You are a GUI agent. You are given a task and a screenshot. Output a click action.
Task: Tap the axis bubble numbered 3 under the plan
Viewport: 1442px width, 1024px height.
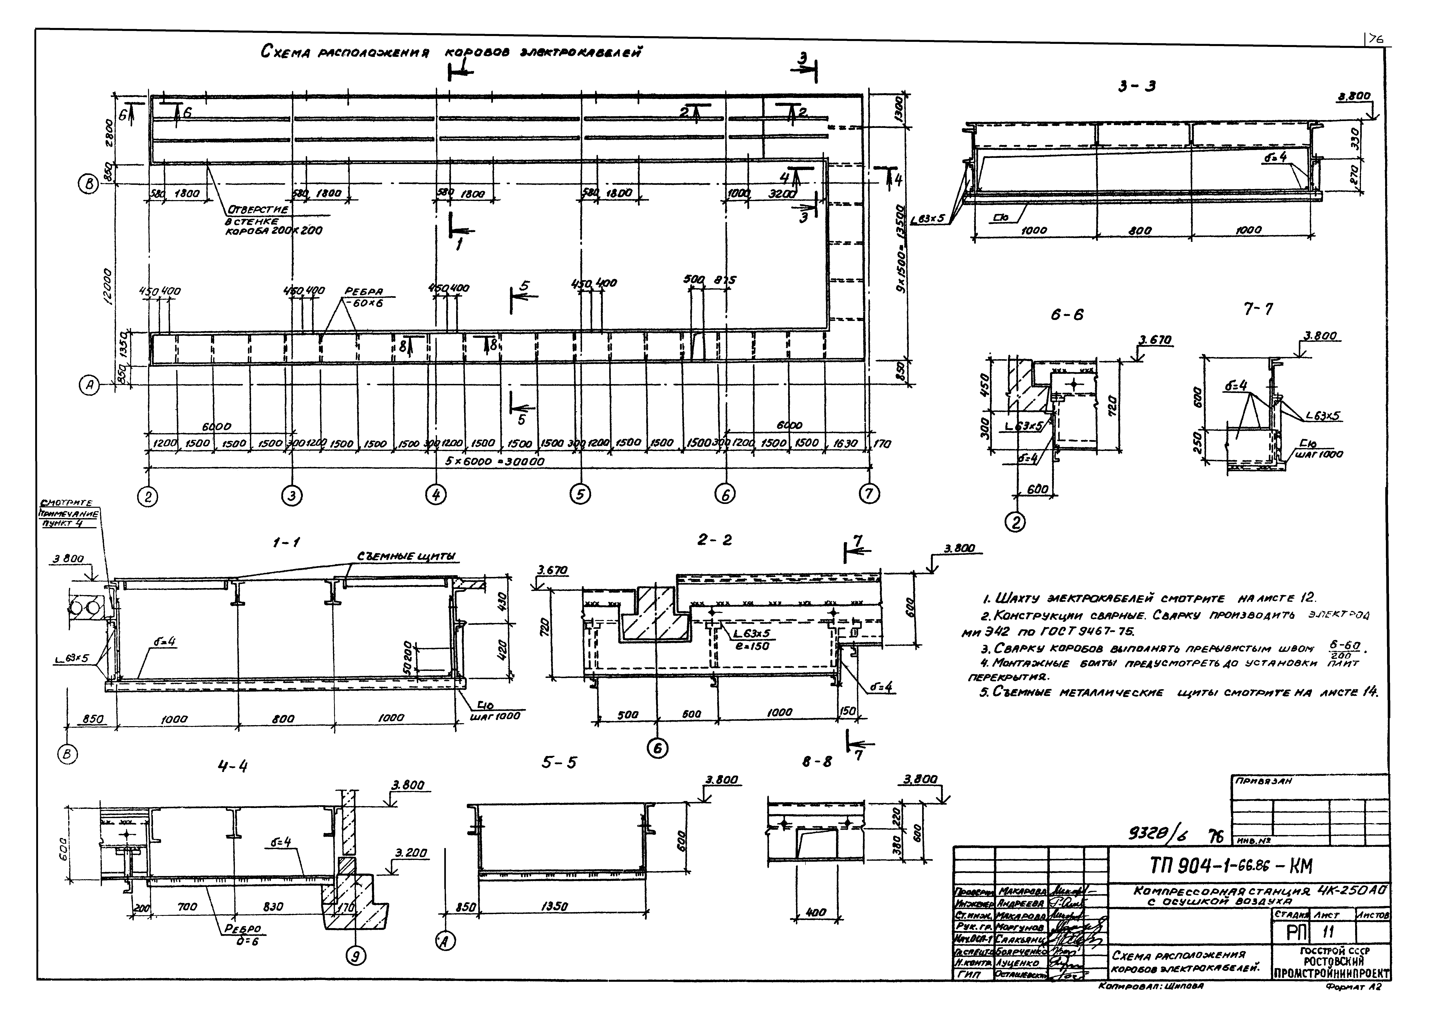[x=291, y=496]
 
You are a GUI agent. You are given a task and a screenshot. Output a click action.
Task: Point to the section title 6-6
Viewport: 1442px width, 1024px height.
[x=1067, y=315]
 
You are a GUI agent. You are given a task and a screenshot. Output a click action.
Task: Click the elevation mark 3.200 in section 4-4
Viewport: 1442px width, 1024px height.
[x=410, y=853]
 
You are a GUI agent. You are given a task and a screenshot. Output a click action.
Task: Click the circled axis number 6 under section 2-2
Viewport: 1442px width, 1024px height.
[x=658, y=748]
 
